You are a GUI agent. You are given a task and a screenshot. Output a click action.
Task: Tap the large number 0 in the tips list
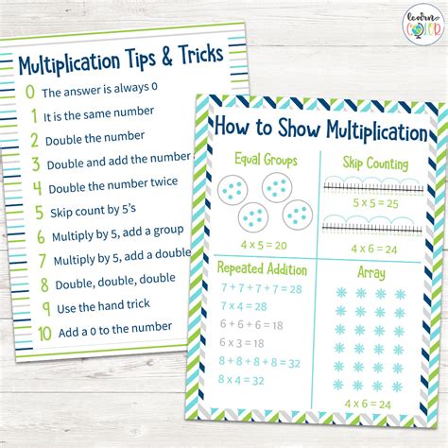click(30, 93)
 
